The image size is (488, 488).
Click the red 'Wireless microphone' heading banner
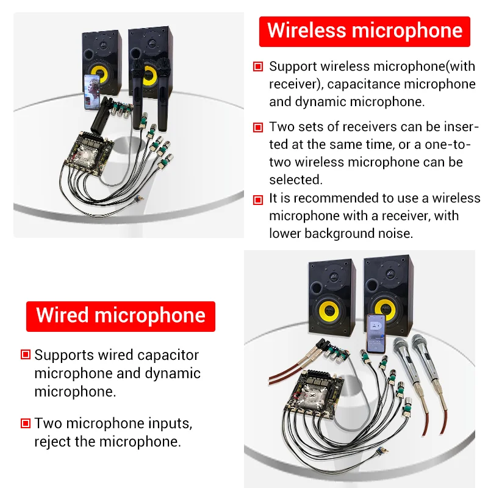(x=364, y=32)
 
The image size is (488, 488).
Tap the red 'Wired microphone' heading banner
(x=121, y=316)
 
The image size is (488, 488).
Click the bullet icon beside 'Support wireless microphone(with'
(x=258, y=66)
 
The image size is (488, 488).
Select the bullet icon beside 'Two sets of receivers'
(x=258, y=127)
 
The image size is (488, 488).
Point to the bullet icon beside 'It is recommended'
(x=258, y=200)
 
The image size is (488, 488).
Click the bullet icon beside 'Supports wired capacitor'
(x=26, y=354)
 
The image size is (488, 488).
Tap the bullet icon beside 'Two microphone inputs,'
(x=26, y=423)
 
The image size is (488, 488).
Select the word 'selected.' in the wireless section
(x=296, y=180)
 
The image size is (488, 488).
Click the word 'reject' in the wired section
(x=52, y=442)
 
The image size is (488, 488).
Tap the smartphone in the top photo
(x=92, y=92)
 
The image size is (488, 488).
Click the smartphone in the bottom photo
(x=376, y=333)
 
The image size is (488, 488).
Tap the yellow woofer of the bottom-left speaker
(x=330, y=310)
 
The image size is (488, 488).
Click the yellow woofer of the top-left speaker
(x=99, y=74)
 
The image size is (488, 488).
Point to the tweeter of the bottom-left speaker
(x=333, y=276)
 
